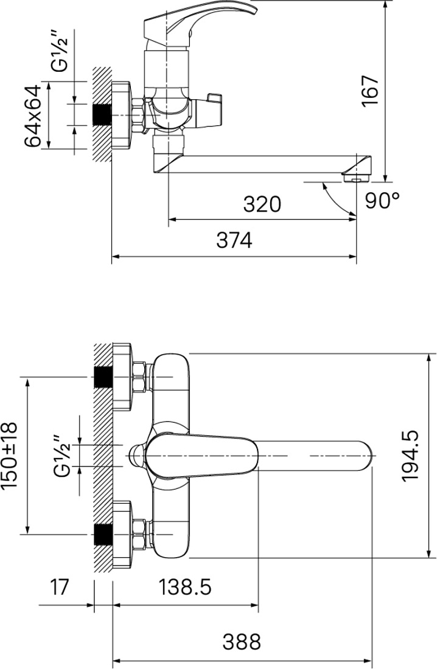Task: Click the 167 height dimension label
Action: (370, 91)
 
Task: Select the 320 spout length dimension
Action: (262, 204)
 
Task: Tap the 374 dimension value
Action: (234, 241)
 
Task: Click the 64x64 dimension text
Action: (33, 116)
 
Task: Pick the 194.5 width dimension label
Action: (410, 456)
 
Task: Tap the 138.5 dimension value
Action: (185, 587)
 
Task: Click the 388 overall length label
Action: (242, 642)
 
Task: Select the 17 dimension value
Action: (60, 587)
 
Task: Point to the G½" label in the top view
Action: (61, 456)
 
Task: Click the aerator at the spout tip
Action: (355, 177)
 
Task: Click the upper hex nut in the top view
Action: (139, 377)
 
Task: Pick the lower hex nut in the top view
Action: (139, 534)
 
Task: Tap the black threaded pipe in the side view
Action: (102, 115)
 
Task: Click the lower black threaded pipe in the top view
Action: (102, 534)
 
